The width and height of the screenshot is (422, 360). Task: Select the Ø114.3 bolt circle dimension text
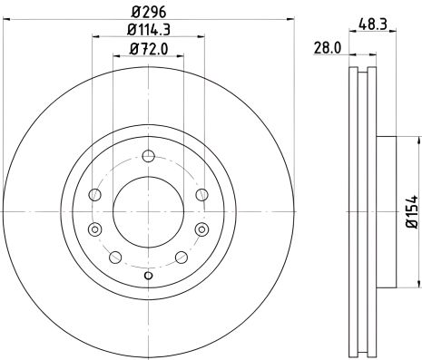coord(148,34)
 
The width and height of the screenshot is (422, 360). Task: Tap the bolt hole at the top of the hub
coord(148,155)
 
